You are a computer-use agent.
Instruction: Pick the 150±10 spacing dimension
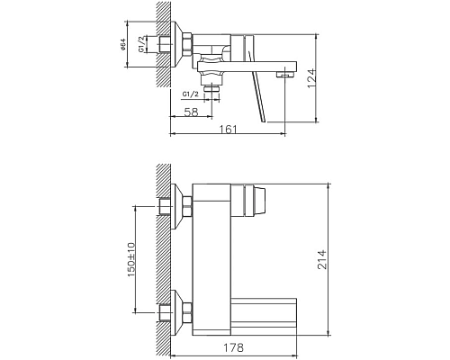tap(131, 260)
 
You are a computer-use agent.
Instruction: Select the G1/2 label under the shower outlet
tap(191, 92)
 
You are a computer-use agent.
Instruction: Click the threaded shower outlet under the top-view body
tap(212, 88)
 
